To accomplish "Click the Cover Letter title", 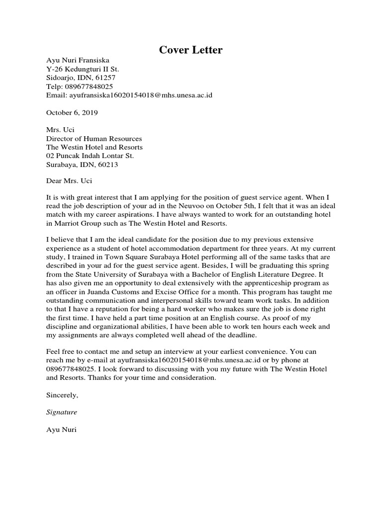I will [191, 50].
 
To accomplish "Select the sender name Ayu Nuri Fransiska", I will [78, 60].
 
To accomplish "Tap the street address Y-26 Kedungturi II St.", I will [82, 69].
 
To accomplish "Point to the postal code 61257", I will [105, 78].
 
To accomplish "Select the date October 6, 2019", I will [72, 112].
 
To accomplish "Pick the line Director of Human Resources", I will [94, 139].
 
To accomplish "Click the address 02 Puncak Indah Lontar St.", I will [90, 156].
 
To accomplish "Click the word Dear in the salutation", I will [54, 181].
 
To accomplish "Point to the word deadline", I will [240, 335].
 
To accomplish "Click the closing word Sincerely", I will [62, 395].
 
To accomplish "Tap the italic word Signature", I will [62, 412].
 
